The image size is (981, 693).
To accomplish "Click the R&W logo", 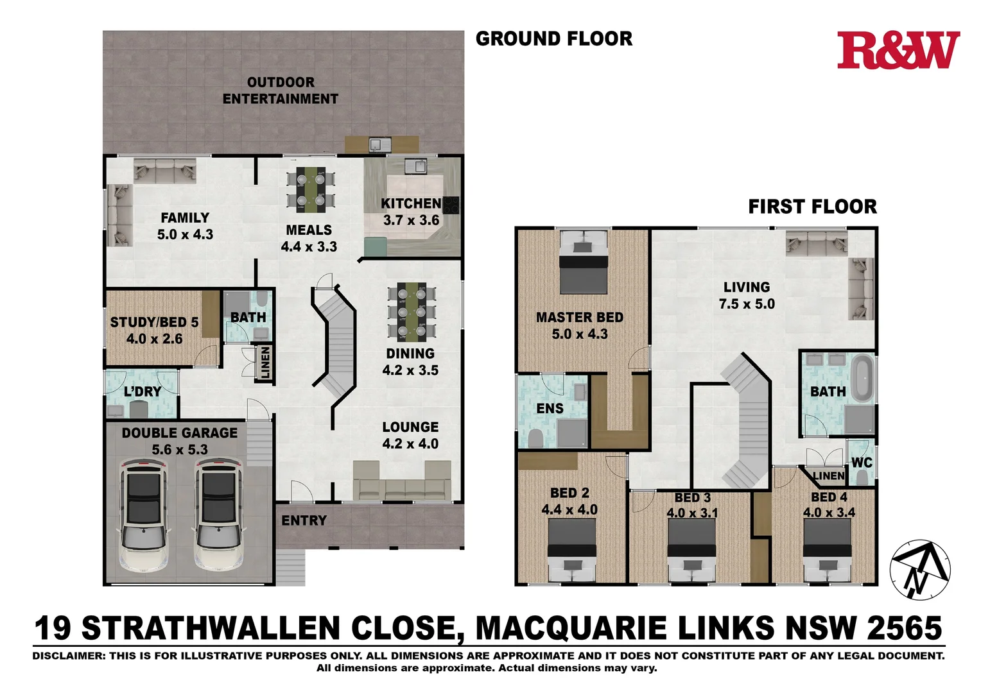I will (x=898, y=51).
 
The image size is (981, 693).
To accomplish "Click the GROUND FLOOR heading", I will (x=553, y=39).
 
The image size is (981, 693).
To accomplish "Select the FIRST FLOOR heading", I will (x=812, y=207).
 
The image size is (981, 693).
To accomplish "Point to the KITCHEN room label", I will (x=411, y=204).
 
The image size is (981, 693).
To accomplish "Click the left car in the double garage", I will (x=144, y=514).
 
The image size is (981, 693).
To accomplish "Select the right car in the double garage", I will (x=219, y=514).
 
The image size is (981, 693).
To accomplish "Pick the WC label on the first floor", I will (x=861, y=463).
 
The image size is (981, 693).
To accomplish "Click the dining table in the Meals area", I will (x=311, y=191).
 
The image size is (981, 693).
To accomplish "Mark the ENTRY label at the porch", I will (x=304, y=520).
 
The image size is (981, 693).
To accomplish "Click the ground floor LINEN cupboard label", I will (x=265, y=363).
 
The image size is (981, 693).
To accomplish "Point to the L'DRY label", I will (x=143, y=391).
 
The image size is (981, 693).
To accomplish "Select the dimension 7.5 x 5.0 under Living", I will (x=747, y=304).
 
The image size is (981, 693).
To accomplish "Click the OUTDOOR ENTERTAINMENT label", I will (x=281, y=90).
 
